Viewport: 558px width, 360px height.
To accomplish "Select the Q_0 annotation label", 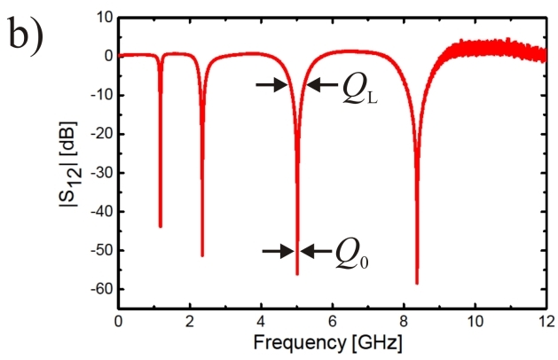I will [x=352, y=254].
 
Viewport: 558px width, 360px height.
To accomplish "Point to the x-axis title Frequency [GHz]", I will [x=332, y=341].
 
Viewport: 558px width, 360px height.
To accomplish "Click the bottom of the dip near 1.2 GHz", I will [x=161, y=226].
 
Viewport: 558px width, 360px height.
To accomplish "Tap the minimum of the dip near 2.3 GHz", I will [x=202, y=255].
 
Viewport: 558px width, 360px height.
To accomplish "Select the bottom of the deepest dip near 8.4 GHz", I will [x=417, y=283].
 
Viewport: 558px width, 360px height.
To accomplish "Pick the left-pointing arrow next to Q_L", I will [x=320, y=85].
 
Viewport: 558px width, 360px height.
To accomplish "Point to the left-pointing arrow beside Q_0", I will [x=314, y=251].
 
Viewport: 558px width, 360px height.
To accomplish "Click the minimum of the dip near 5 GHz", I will [x=297, y=274].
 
